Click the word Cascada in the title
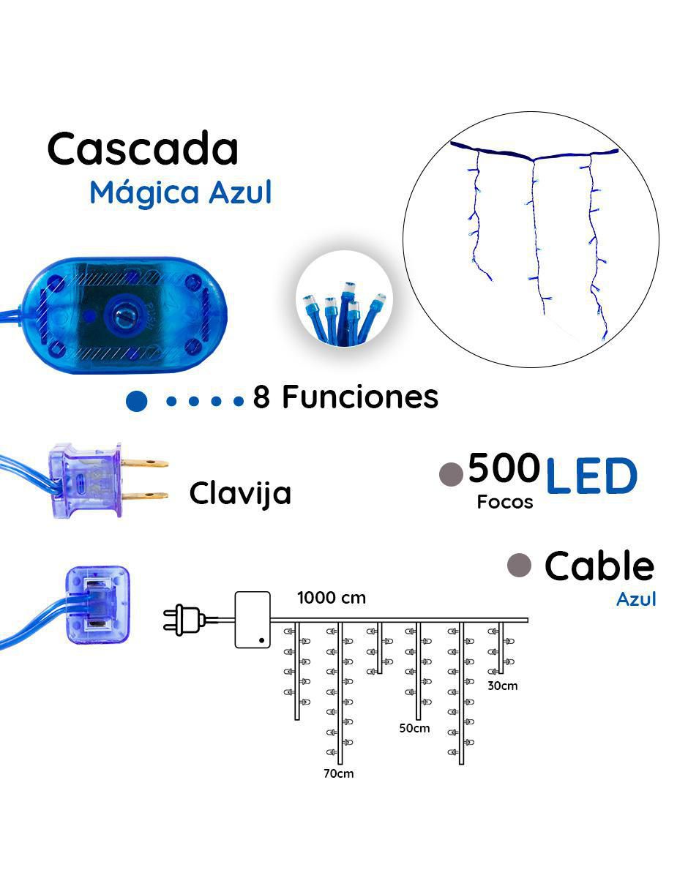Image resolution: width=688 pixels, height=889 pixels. tap(143, 149)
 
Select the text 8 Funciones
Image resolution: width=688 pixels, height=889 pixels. tap(345, 397)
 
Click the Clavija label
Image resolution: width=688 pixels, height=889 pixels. tap(240, 494)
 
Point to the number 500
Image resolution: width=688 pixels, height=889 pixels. tap(504, 468)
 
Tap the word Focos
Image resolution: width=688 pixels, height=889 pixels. tap(505, 502)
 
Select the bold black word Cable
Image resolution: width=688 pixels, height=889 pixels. tap(599, 566)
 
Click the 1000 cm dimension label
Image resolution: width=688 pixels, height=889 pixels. tap(332, 598)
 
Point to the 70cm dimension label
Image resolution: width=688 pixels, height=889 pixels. tap(339, 773)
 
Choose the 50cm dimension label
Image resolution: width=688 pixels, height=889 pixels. tap(414, 728)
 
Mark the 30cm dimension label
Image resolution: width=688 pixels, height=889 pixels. tap(503, 686)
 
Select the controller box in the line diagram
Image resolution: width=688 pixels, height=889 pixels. tap(253, 620)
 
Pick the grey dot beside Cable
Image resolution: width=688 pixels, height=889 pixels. tap(519, 566)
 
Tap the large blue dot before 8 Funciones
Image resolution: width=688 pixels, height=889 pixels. tap(137, 401)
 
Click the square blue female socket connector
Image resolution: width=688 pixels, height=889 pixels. tap(97, 606)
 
